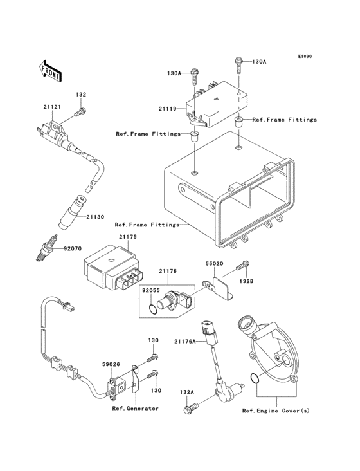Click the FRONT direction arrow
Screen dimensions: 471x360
[51, 70]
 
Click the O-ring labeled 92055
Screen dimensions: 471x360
[151, 309]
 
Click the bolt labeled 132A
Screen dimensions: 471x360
[191, 409]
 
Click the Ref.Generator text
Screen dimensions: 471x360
[136, 409]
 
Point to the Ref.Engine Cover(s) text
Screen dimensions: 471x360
[276, 411]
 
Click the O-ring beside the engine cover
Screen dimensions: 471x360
[254, 379]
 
